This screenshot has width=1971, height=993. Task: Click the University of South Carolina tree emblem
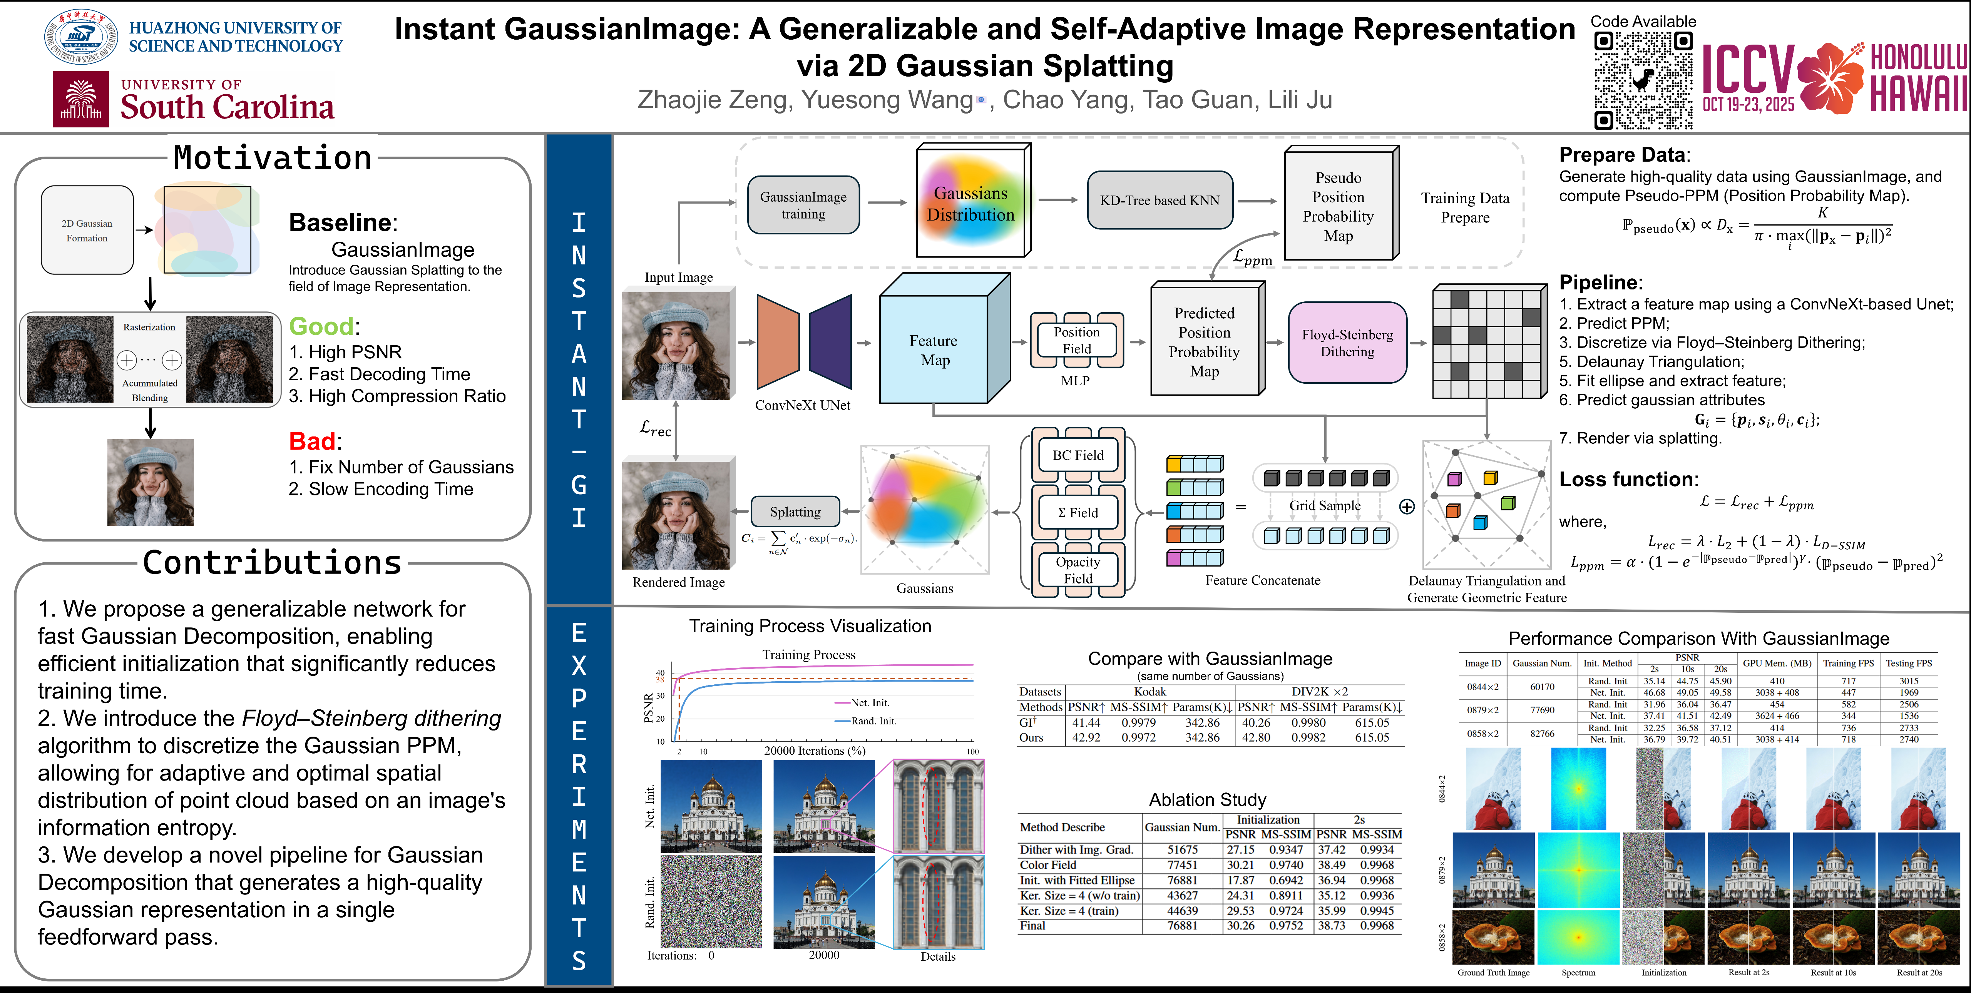pyautogui.click(x=80, y=99)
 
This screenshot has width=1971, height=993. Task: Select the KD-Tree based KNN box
pyautogui.click(x=1159, y=201)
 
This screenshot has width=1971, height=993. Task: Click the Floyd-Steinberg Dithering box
pyautogui.click(x=1347, y=343)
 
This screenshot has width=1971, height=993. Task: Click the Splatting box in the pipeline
pyautogui.click(x=795, y=512)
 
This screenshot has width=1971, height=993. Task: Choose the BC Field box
pyautogui.click(x=1078, y=455)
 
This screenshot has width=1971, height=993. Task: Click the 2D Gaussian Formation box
pyautogui.click(x=87, y=230)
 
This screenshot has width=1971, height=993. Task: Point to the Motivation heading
pyautogui.click(x=273, y=157)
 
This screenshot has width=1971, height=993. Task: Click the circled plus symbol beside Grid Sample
pyautogui.click(x=1406, y=507)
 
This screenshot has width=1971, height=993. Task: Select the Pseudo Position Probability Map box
pyautogui.click(x=1338, y=207)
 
